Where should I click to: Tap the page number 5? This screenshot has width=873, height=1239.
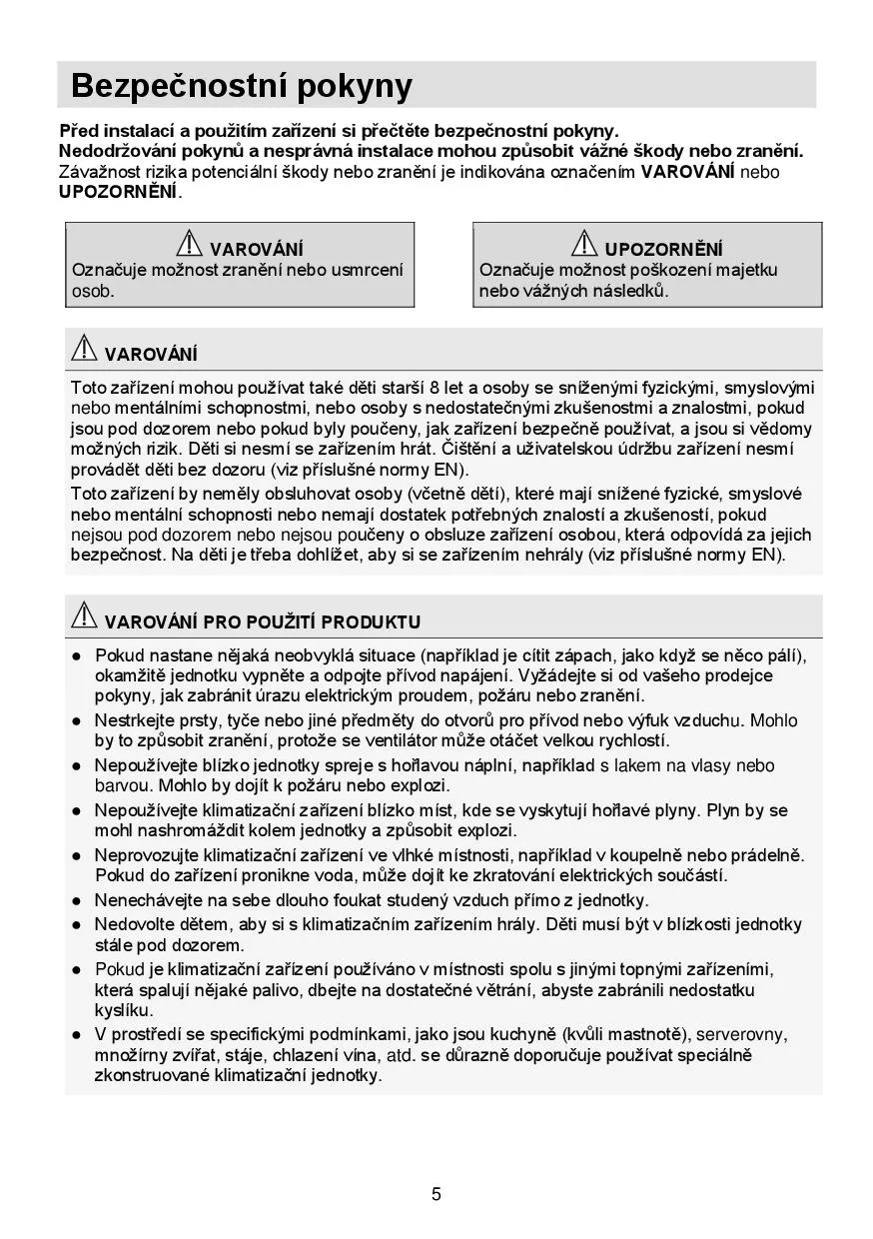coord(436,1194)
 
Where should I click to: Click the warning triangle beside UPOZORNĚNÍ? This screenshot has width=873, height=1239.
coord(584,243)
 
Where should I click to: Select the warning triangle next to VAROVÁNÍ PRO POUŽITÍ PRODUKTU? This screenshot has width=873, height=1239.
coord(84,616)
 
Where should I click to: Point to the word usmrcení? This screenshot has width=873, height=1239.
coord(369,270)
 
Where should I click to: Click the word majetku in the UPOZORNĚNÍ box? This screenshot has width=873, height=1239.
coord(745,270)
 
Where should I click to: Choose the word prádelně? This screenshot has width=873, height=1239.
coord(767,855)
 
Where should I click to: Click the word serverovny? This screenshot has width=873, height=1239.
coord(741,1034)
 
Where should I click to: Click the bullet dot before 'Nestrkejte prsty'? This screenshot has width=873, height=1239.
coord(77,720)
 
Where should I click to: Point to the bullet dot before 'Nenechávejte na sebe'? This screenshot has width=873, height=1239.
coord(77,900)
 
